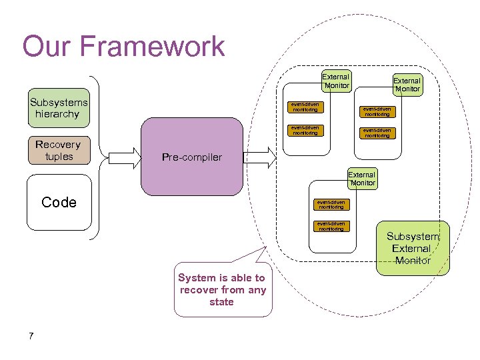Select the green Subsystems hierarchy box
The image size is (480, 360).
(59, 109)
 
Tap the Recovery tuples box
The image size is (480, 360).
(58, 151)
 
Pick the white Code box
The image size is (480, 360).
(59, 203)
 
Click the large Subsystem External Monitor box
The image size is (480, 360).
(413, 248)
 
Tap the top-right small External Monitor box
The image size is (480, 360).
(407, 85)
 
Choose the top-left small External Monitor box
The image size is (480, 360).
(335, 81)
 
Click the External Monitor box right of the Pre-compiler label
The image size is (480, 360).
(362, 179)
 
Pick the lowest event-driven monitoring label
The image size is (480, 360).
(331, 227)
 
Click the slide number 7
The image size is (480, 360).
(31, 335)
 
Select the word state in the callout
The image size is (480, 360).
(221, 302)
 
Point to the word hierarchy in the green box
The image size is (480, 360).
(58, 114)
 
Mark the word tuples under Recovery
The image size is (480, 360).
(58, 157)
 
